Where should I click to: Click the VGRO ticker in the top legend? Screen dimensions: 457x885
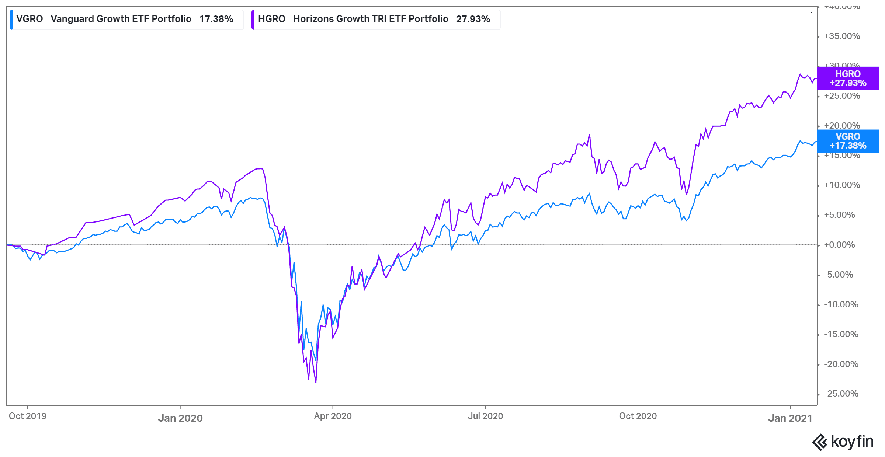(x=29, y=19)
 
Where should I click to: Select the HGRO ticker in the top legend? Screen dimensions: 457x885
(x=271, y=19)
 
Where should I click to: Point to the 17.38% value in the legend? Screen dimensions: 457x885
(x=216, y=19)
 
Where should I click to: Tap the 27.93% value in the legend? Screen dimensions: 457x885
(x=473, y=19)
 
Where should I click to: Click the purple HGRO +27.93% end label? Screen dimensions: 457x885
(x=847, y=79)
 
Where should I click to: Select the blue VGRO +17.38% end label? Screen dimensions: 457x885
(x=847, y=141)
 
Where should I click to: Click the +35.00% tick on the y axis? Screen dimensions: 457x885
(x=842, y=36)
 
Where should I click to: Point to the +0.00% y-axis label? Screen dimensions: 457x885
(x=839, y=245)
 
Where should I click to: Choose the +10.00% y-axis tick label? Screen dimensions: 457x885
(x=842, y=185)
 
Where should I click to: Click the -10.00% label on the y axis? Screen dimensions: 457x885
(x=841, y=304)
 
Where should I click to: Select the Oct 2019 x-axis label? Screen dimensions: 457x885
(x=28, y=416)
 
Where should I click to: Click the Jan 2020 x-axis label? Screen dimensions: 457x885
(x=180, y=418)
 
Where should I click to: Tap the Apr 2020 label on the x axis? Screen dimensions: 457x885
(x=333, y=416)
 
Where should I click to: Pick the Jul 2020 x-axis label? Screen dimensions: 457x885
(x=485, y=416)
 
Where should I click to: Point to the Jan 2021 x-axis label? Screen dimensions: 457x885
(x=790, y=418)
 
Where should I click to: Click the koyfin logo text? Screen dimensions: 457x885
(x=852, y=442)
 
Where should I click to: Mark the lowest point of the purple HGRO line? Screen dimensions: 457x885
(x=316, y=382)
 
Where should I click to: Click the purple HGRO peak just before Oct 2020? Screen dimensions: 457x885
(x=590, y=135)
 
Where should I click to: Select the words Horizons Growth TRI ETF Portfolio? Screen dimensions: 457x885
(x=371, y=19)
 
